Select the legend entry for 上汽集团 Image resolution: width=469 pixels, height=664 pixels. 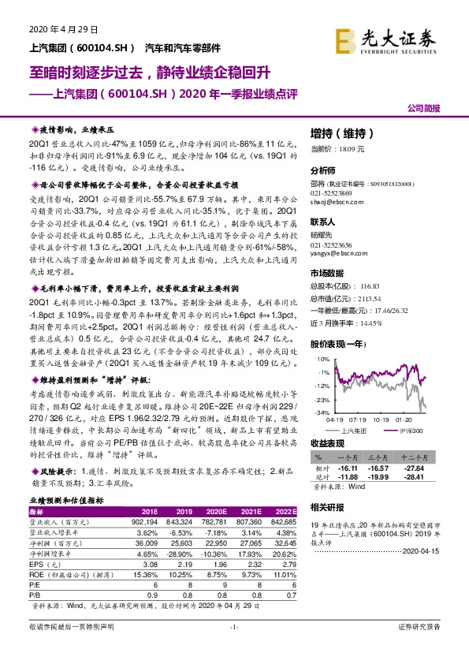point(353,431)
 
